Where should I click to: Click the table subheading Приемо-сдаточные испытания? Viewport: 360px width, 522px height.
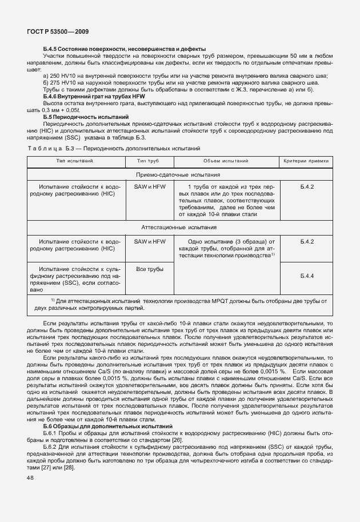coord(179,174)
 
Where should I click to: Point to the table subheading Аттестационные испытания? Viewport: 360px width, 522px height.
coord(179,227)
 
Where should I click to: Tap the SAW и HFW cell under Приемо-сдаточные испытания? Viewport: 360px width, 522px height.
coord(149,187)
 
